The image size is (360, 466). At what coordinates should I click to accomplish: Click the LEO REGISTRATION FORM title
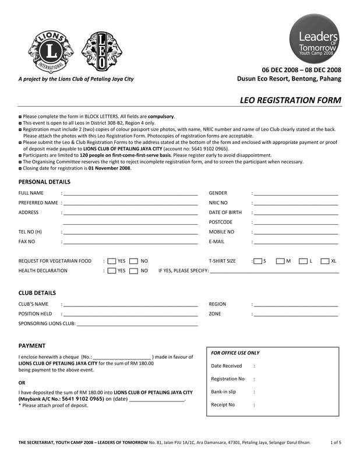point(291,100)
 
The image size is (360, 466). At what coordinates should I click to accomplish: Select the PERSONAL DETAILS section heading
point(44,182)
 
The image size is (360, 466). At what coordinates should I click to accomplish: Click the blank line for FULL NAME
point(130,193)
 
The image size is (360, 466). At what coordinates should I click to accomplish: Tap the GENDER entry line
point(296,193)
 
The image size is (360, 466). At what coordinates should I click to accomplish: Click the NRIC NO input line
point(296,203)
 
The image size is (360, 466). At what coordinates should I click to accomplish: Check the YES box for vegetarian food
point(111,261)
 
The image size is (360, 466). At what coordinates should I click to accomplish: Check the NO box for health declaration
point(133,271)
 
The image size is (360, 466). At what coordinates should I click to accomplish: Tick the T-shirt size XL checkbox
point(325,261)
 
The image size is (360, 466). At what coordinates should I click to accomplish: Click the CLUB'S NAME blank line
point(130,305)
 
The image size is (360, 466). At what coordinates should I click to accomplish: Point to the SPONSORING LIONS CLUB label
point(47,323)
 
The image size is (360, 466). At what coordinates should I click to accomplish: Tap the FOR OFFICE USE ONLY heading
point(235,353)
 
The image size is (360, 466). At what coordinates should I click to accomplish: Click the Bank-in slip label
point(223,391)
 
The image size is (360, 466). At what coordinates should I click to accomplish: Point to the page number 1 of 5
point(336,443)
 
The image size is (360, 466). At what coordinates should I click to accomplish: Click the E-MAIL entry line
point(296,242)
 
